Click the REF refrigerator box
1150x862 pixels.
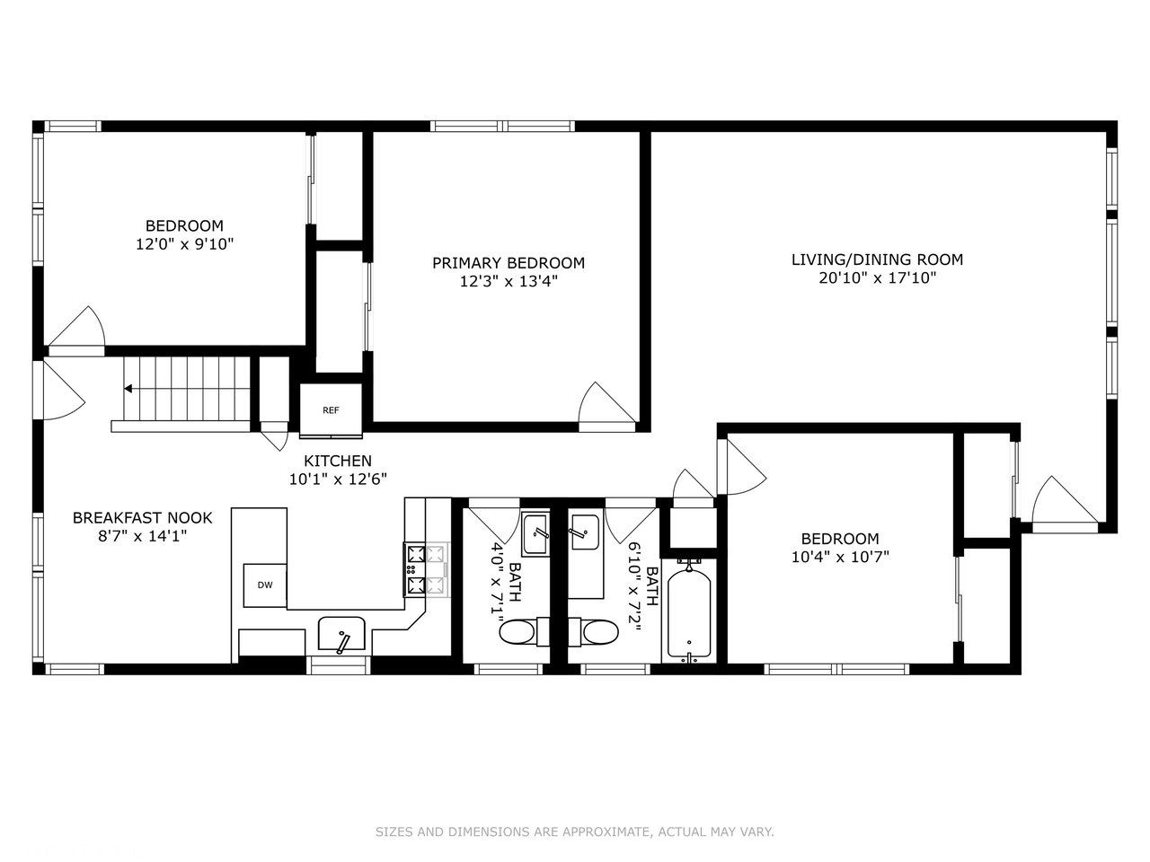click(x=331, y=409)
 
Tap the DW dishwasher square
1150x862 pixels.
click(x=264, y=585)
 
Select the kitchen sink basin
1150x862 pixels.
click(x=341, y=633)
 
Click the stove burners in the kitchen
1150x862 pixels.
click(x=426, y=569)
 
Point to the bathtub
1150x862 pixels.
click(x=689, y=615)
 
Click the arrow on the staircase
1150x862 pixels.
click(x=128, y=389)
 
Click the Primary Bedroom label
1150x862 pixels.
click(x=509, y=263)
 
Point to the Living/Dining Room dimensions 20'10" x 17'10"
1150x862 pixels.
click(x=877, y=278)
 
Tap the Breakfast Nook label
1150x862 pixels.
click(x=143, y=517)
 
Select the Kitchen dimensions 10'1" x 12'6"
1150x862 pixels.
click(x=338, y=479)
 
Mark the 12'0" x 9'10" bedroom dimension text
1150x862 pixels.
click(x=184, y=244)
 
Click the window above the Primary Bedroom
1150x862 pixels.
click(x=502, y=126)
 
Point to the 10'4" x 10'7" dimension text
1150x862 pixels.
click(x=840, y=557)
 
